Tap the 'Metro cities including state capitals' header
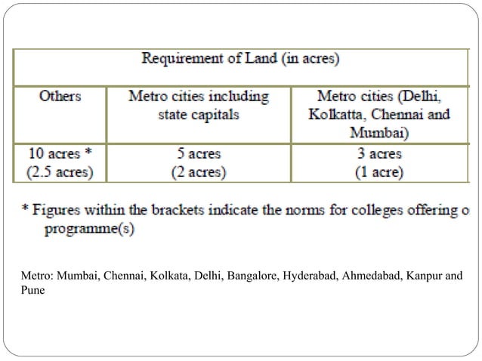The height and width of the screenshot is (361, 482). [x=199, y=106]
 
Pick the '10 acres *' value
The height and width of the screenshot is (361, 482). [x=58, y=153]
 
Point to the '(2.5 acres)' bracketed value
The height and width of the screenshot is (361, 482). [x=58, y=172]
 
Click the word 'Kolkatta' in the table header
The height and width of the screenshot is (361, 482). [x=336, y=115]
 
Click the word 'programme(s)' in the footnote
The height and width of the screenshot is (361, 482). [x=90, y=229]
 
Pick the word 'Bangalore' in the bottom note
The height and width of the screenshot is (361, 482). [x=250, y=275]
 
